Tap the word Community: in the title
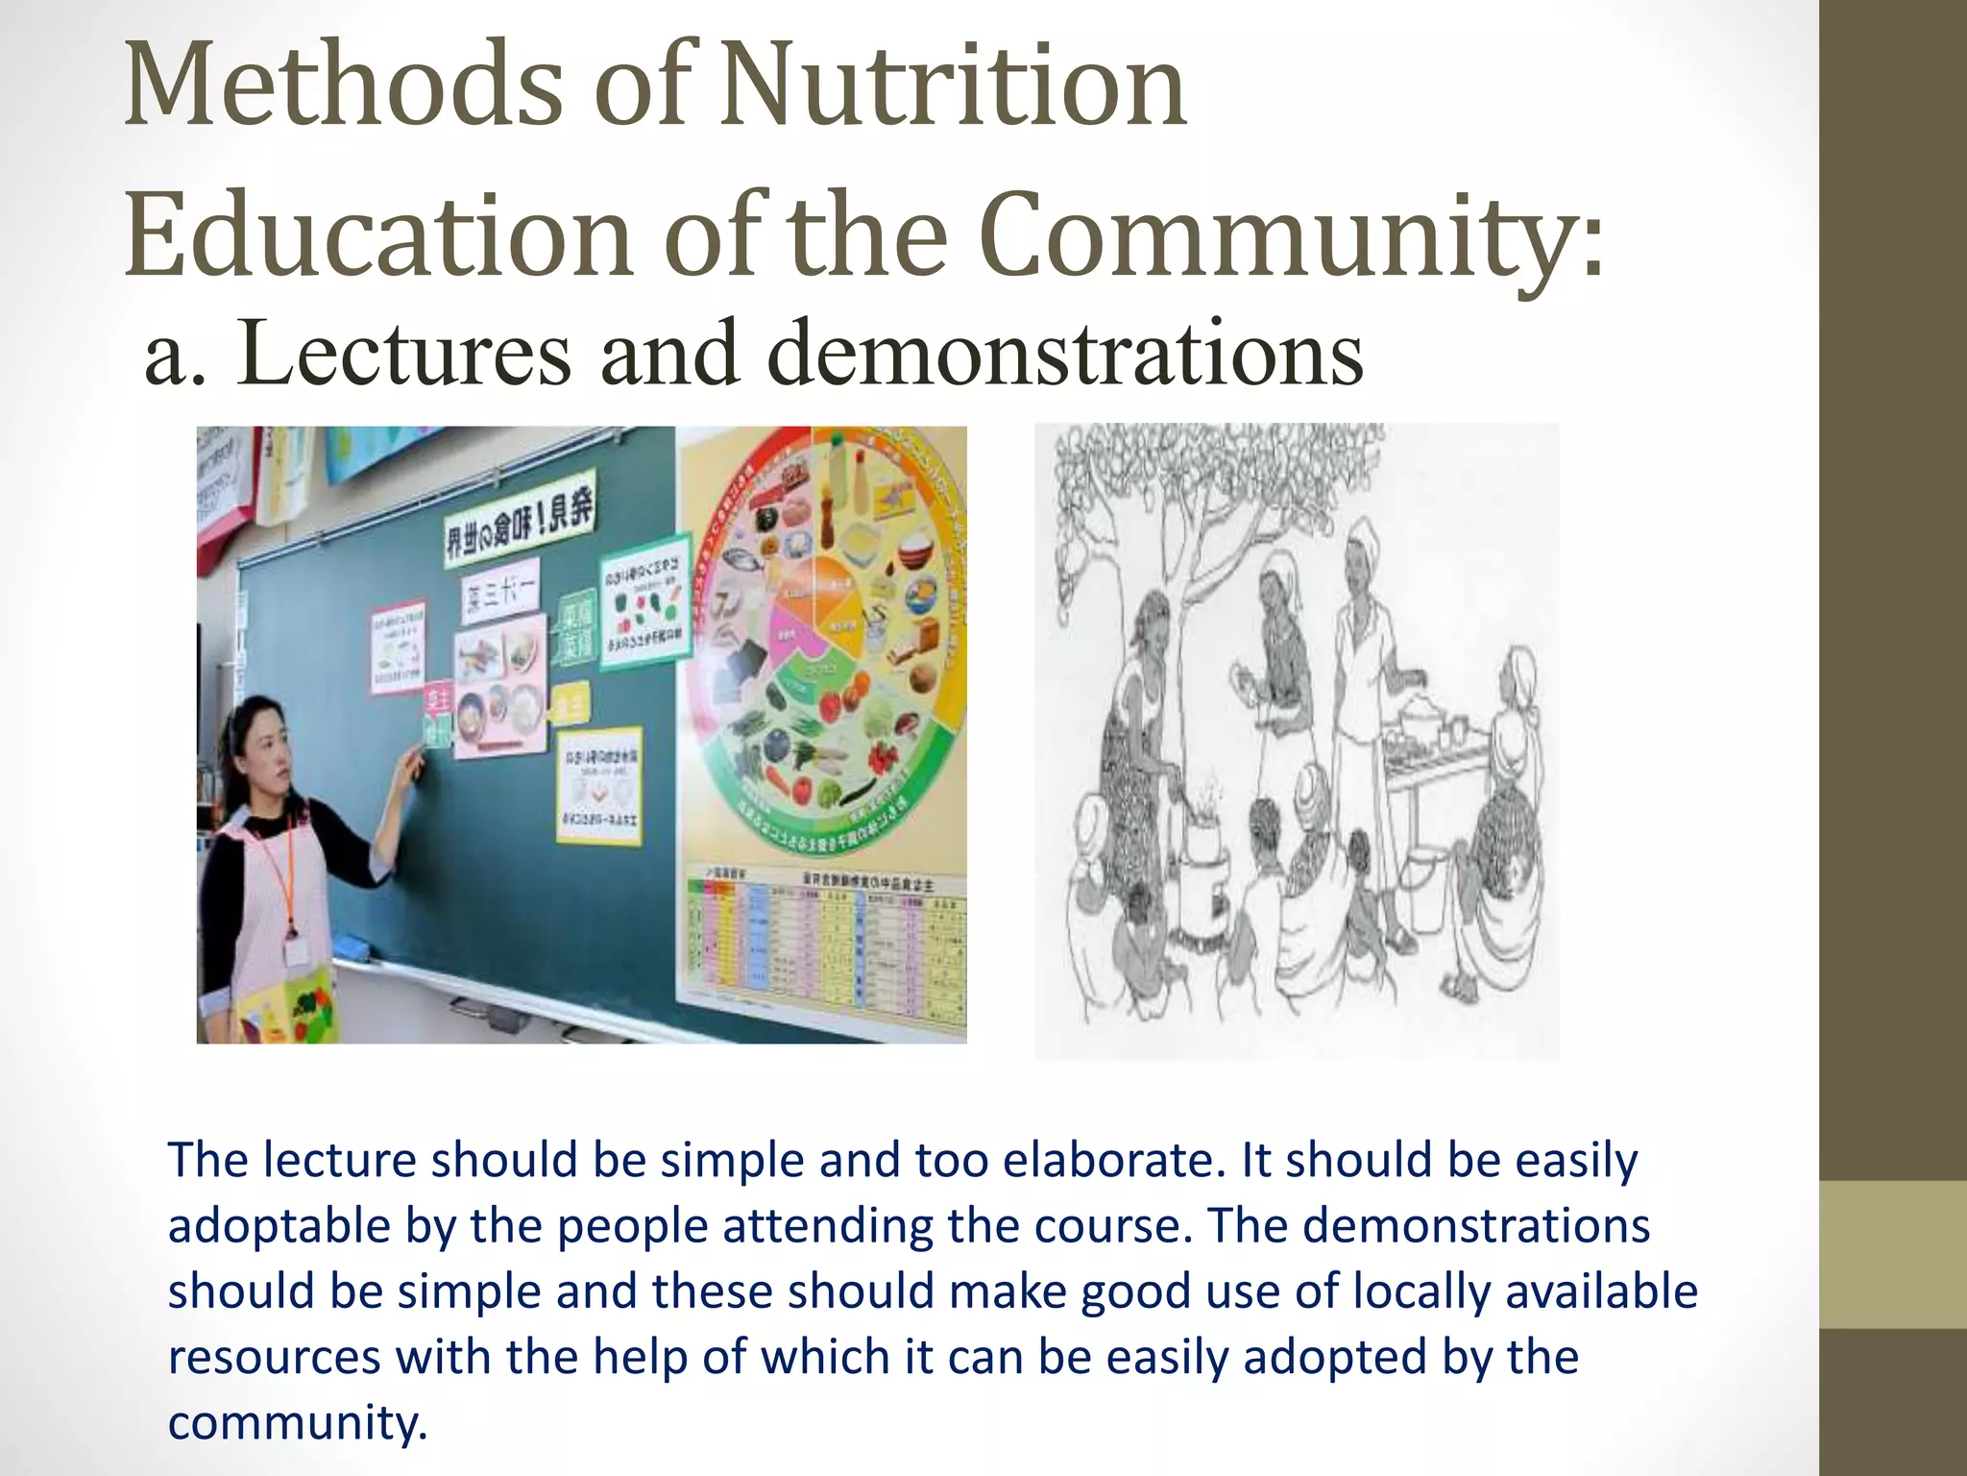(1293, 235)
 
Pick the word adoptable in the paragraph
(279, 1227)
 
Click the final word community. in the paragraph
(297, 1423)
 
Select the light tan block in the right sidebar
(1892, 1254)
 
